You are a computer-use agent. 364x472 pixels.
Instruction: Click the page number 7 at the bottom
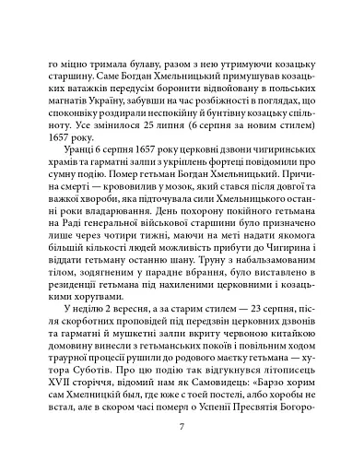(x=182, y=428)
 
